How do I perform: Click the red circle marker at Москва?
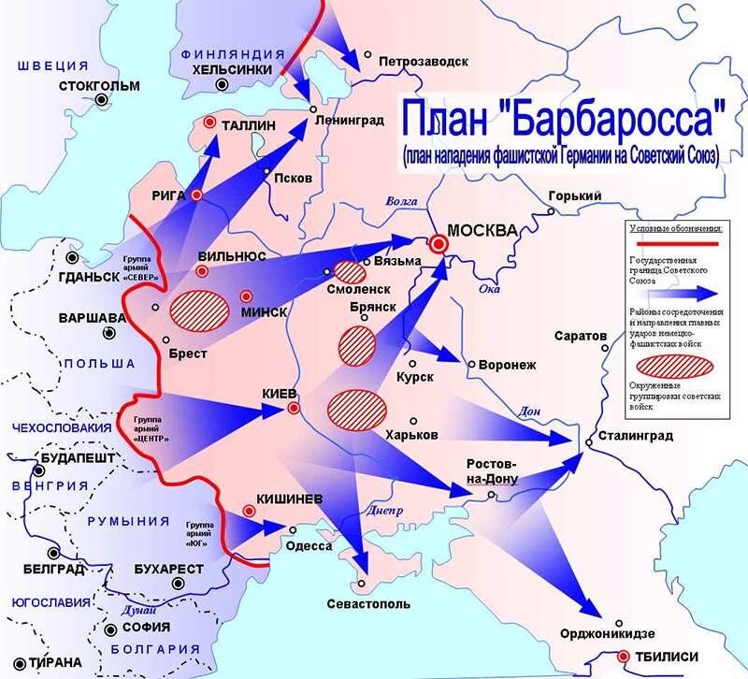[x=440, y=244]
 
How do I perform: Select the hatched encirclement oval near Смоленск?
[x=349, y=272]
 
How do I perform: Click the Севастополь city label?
[x=367, y=603]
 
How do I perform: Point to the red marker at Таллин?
[x=210, y=123]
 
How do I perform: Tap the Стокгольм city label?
[x=98, y=86]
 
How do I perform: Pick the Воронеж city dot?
[x=473, y=364]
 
